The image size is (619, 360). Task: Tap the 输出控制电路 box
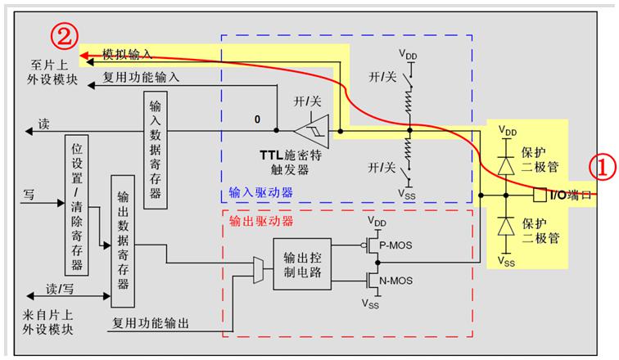tap(302, 263)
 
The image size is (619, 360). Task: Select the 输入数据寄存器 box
tap(155, 151)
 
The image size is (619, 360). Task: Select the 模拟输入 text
tap(127, 54)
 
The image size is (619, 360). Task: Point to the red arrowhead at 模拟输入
tap(84, 56)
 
